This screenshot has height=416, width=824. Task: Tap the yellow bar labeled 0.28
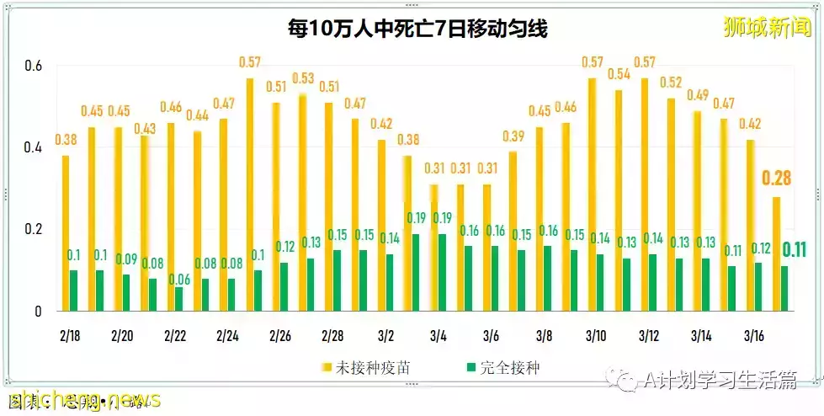coord(776,253)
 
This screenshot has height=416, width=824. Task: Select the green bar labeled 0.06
coord(179,299)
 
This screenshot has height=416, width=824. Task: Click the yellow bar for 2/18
coord(66,233)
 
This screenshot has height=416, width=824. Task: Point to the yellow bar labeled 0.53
coord(302,202)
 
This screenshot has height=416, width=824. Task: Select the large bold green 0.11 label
coord(795,249)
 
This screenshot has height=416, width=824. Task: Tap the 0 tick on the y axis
coord(36,312)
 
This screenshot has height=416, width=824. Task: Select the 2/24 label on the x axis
coord(227,335)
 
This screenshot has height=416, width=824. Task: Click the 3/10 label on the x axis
coord(596,335)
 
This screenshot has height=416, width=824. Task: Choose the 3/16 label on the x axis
coord(754,335)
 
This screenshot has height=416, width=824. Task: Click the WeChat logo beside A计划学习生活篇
coord(627,381)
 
